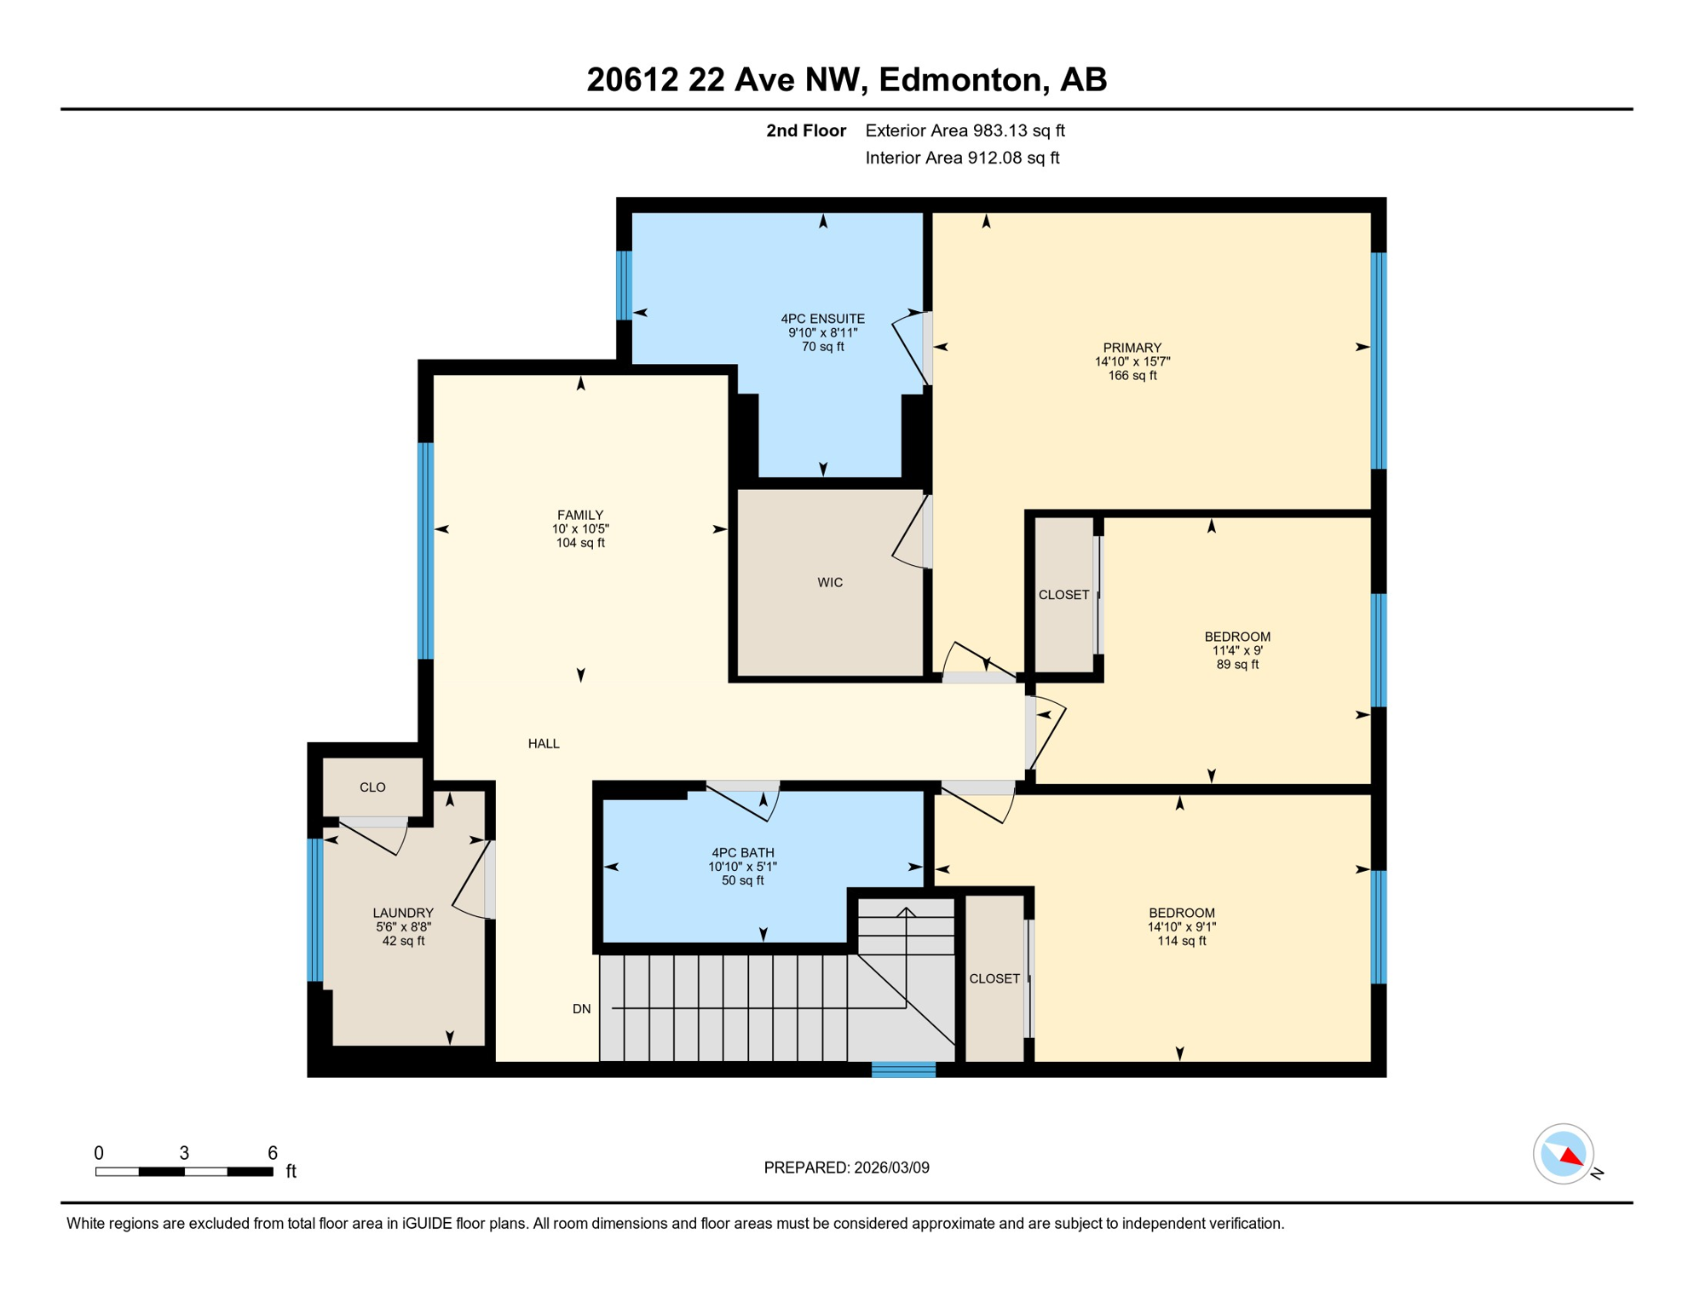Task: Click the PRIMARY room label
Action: tap(1132, 348)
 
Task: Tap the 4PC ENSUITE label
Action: tap(822, 319)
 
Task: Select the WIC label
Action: tap(829, 583)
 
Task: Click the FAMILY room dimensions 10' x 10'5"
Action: tap(579, 529)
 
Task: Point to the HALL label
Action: tap(544, 744)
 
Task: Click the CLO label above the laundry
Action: tap(372, 787)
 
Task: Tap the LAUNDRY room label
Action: tap(403, 913)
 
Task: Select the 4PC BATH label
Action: tap(742, 853)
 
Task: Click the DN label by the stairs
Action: tap(581, 1009)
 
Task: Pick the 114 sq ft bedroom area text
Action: tap(1181, 941)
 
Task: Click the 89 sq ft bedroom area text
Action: tap(1236, 665)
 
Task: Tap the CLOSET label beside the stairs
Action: tap(994, 978)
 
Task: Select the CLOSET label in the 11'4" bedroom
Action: tap(1063, 595)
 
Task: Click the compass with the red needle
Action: tap(1563, 1154)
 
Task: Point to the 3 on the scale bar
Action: tap(184, 1153)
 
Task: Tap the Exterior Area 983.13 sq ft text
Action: tap(965, 130)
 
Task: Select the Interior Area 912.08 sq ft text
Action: tap(962, 158)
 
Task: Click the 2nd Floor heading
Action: tap(805, 130)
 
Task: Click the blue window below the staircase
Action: tap(903, 1070)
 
